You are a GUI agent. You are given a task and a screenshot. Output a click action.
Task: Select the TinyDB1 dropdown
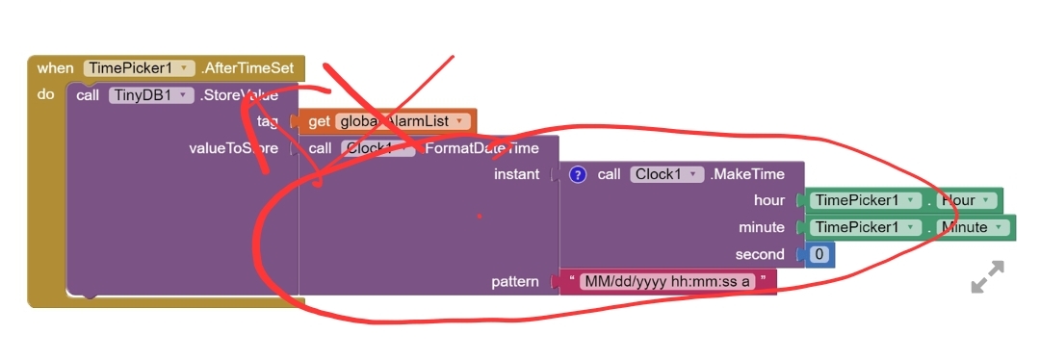[150, 95]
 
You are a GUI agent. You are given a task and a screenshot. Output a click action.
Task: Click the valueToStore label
[234, 148]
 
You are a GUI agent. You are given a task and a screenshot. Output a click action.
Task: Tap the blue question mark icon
[578, 174]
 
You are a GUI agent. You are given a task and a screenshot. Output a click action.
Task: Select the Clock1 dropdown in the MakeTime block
[666, 174]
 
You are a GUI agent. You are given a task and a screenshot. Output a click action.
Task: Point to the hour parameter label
[769, 200]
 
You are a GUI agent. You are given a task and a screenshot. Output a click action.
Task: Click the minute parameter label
[761, 227]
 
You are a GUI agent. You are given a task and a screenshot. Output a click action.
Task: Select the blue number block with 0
[819, 254]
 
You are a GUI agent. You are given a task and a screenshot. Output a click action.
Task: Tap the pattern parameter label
[514, 281]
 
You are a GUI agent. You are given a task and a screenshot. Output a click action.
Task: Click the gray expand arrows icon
[987, 276]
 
